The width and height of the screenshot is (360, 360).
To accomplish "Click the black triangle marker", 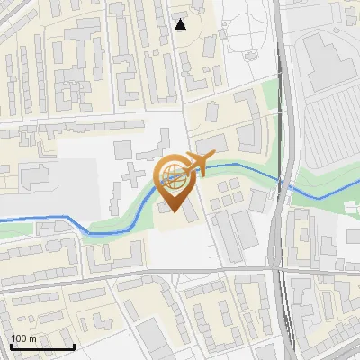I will (181, 24).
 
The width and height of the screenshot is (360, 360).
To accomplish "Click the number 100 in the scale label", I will (19, 338).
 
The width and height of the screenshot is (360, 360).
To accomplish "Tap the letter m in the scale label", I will (32, 338).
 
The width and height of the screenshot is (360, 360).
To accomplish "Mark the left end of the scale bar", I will (11, 346).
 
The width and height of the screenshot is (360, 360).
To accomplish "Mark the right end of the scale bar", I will (74, 346).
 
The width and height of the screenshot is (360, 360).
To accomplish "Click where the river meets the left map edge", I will (2, 218).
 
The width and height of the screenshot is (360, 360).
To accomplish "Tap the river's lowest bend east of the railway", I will (317, 197).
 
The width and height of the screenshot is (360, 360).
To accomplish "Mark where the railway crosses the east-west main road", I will (281, 268).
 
